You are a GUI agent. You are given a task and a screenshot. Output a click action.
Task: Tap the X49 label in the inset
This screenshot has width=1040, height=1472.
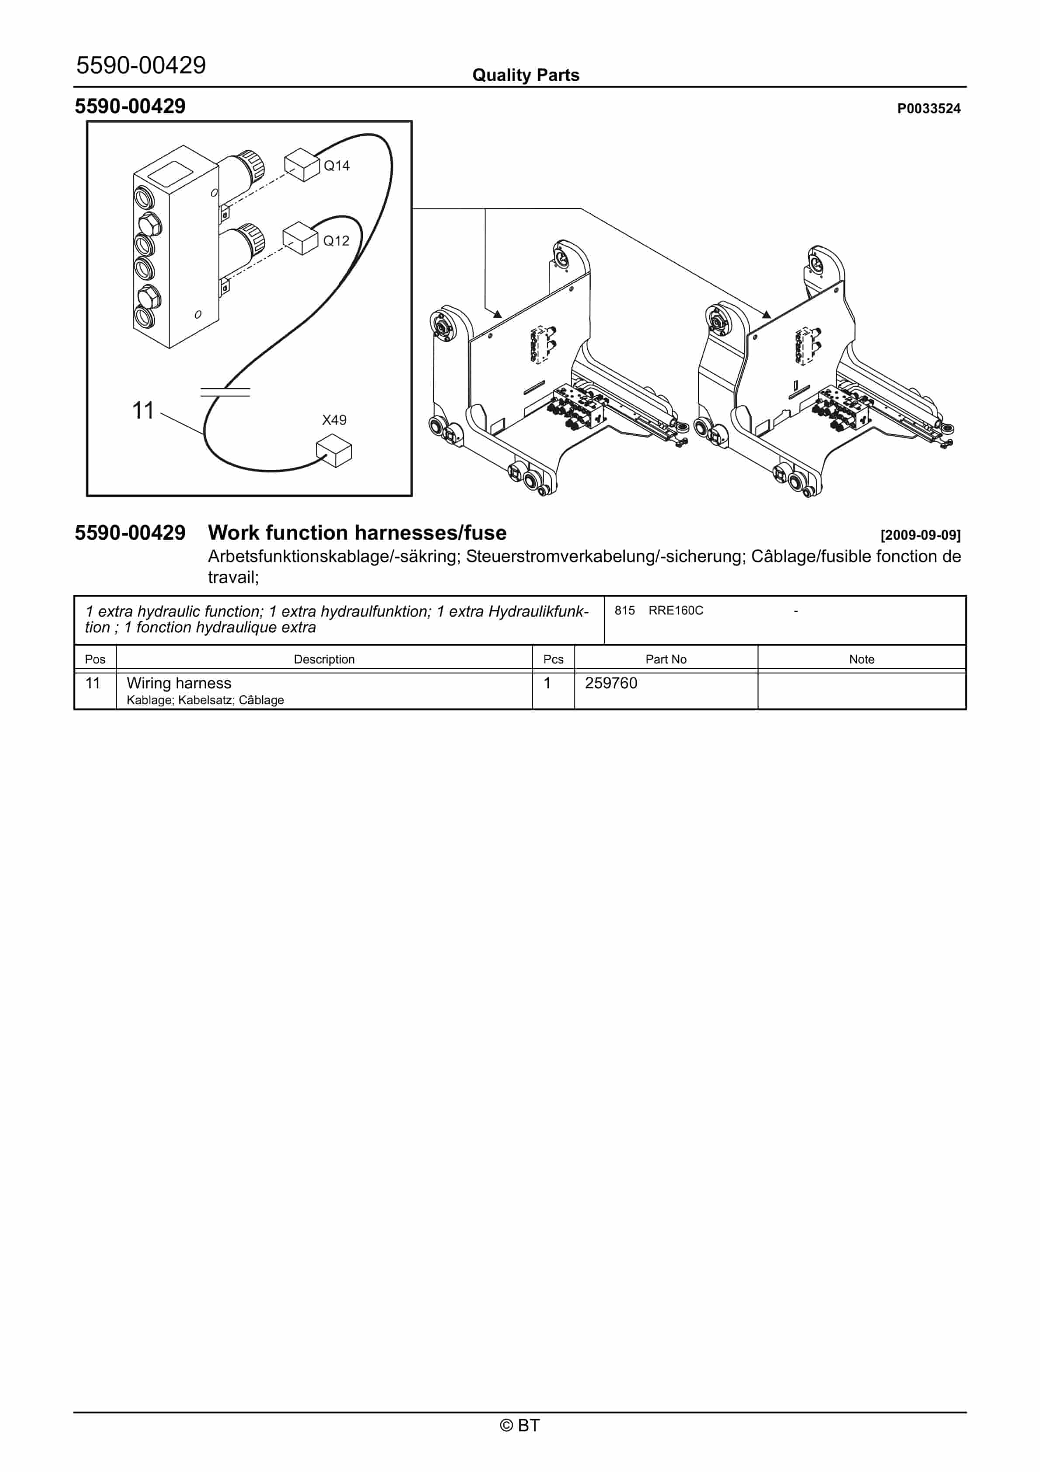(x=334, y=420)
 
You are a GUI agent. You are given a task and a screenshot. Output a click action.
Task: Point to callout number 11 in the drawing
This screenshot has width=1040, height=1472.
(x=143, y=410)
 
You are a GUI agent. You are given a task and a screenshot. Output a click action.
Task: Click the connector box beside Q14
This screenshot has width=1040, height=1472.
(x=302, y=165)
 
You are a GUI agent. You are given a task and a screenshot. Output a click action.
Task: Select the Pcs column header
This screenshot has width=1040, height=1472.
(x=553, y=659)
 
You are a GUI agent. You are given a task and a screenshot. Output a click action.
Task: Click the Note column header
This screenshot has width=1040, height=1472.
(x=861, y=659)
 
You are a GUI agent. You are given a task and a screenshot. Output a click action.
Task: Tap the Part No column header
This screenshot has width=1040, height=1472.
(x=666, y=659)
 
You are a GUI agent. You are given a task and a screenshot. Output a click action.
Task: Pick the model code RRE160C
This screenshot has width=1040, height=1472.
(x=675, y=610)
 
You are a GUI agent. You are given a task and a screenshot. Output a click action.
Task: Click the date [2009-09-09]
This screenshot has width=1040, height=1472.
(x=920, y=535)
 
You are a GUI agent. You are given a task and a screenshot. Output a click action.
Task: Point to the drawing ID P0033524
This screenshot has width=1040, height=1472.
(x=929, y=108)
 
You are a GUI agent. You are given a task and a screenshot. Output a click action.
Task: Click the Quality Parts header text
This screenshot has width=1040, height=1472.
(x=525, y=75)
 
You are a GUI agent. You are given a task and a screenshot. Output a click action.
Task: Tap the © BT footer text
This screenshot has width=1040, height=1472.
(x=520, y=1425)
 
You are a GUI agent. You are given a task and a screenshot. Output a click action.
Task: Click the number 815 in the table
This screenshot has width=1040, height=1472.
(x=624, y=610)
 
